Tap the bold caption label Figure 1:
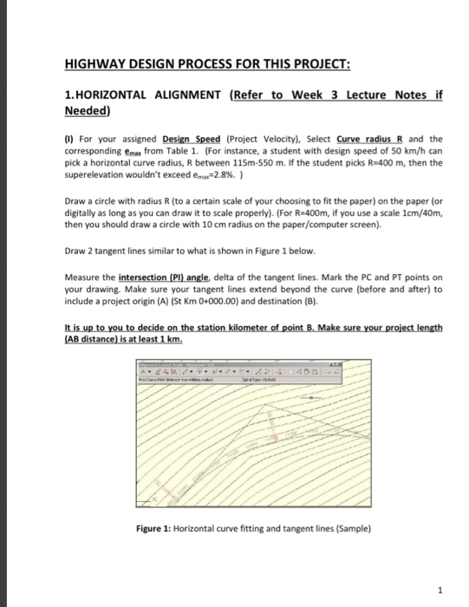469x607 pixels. pyautogui.click(x=158, y=528)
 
